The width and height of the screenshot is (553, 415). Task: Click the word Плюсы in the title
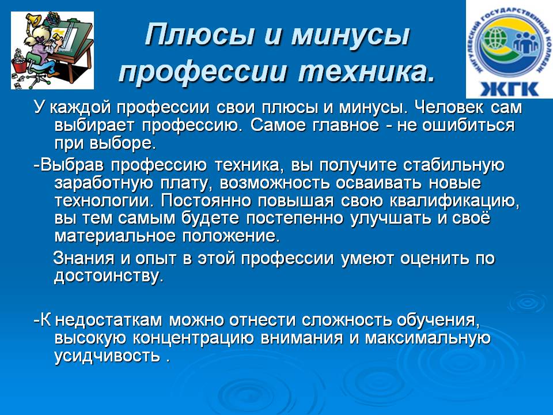point(199,35)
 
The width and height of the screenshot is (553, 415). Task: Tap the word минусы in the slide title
point(350,35)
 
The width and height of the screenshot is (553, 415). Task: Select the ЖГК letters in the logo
point(509,88)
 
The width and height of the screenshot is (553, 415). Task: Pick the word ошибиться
point(468,126)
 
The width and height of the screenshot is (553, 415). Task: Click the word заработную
point(104,183)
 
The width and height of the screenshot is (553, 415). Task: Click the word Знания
point(84,258)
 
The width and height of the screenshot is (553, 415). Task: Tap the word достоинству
point(109,276)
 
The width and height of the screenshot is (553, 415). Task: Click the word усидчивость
point(107,356)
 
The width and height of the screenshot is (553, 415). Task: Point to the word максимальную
point(427,338)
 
